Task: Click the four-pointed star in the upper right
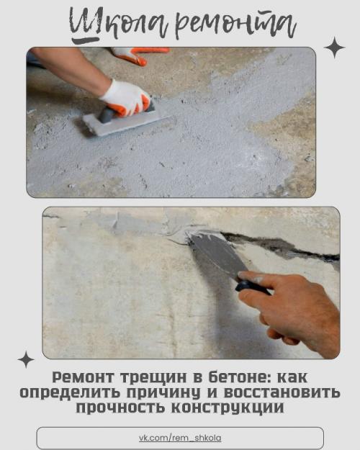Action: [x=334, y=48]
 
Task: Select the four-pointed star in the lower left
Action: [x=26, y=359]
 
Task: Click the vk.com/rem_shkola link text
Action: [x=180, y=438]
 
